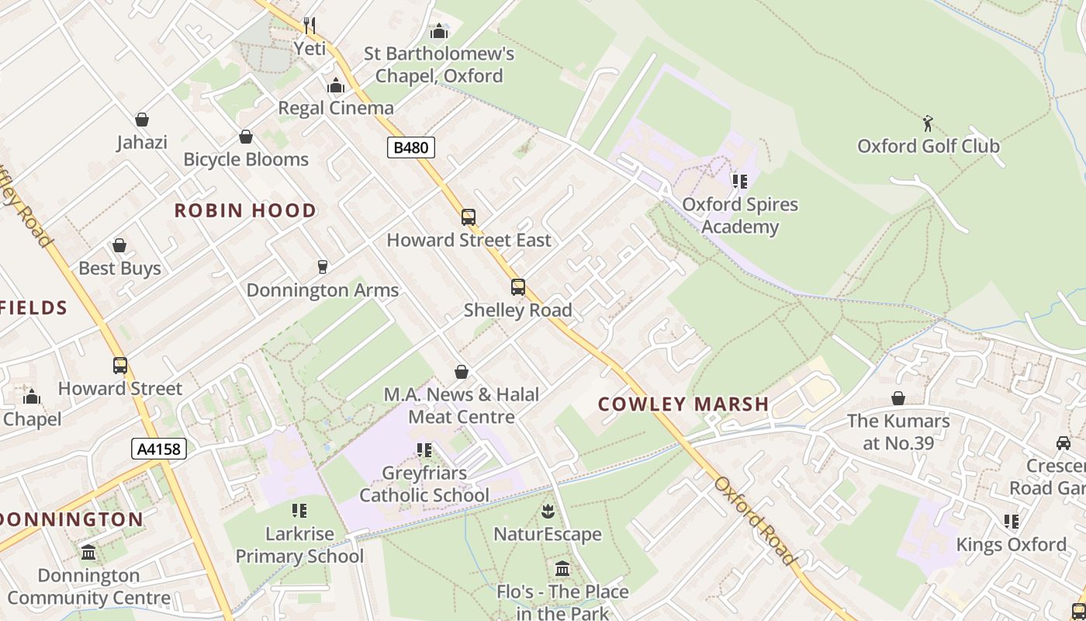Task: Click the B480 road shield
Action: [410, 147]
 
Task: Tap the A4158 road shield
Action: [159, 448]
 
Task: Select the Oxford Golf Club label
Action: [928, 146]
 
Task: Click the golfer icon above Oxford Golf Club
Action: [928, 123]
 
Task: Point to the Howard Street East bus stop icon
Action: [469, 217]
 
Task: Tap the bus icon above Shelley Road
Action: [518, 287]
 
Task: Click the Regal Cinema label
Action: [336, 108]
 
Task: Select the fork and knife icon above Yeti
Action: [310, 26]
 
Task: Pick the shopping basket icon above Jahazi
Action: [142, 120]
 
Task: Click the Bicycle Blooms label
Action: [246, 159]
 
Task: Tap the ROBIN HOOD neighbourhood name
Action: [245, 210]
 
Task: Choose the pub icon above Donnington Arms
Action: [323, 267]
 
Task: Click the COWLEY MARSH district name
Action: [683, 404]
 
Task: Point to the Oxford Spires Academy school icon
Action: [740, 182]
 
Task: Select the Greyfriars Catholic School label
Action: [424, 484]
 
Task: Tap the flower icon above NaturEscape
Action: [548, 511]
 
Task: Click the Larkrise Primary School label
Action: [299, 545]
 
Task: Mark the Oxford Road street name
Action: [755, 521]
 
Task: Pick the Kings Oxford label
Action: [1011, 544]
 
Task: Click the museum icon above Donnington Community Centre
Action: [88, 553]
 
